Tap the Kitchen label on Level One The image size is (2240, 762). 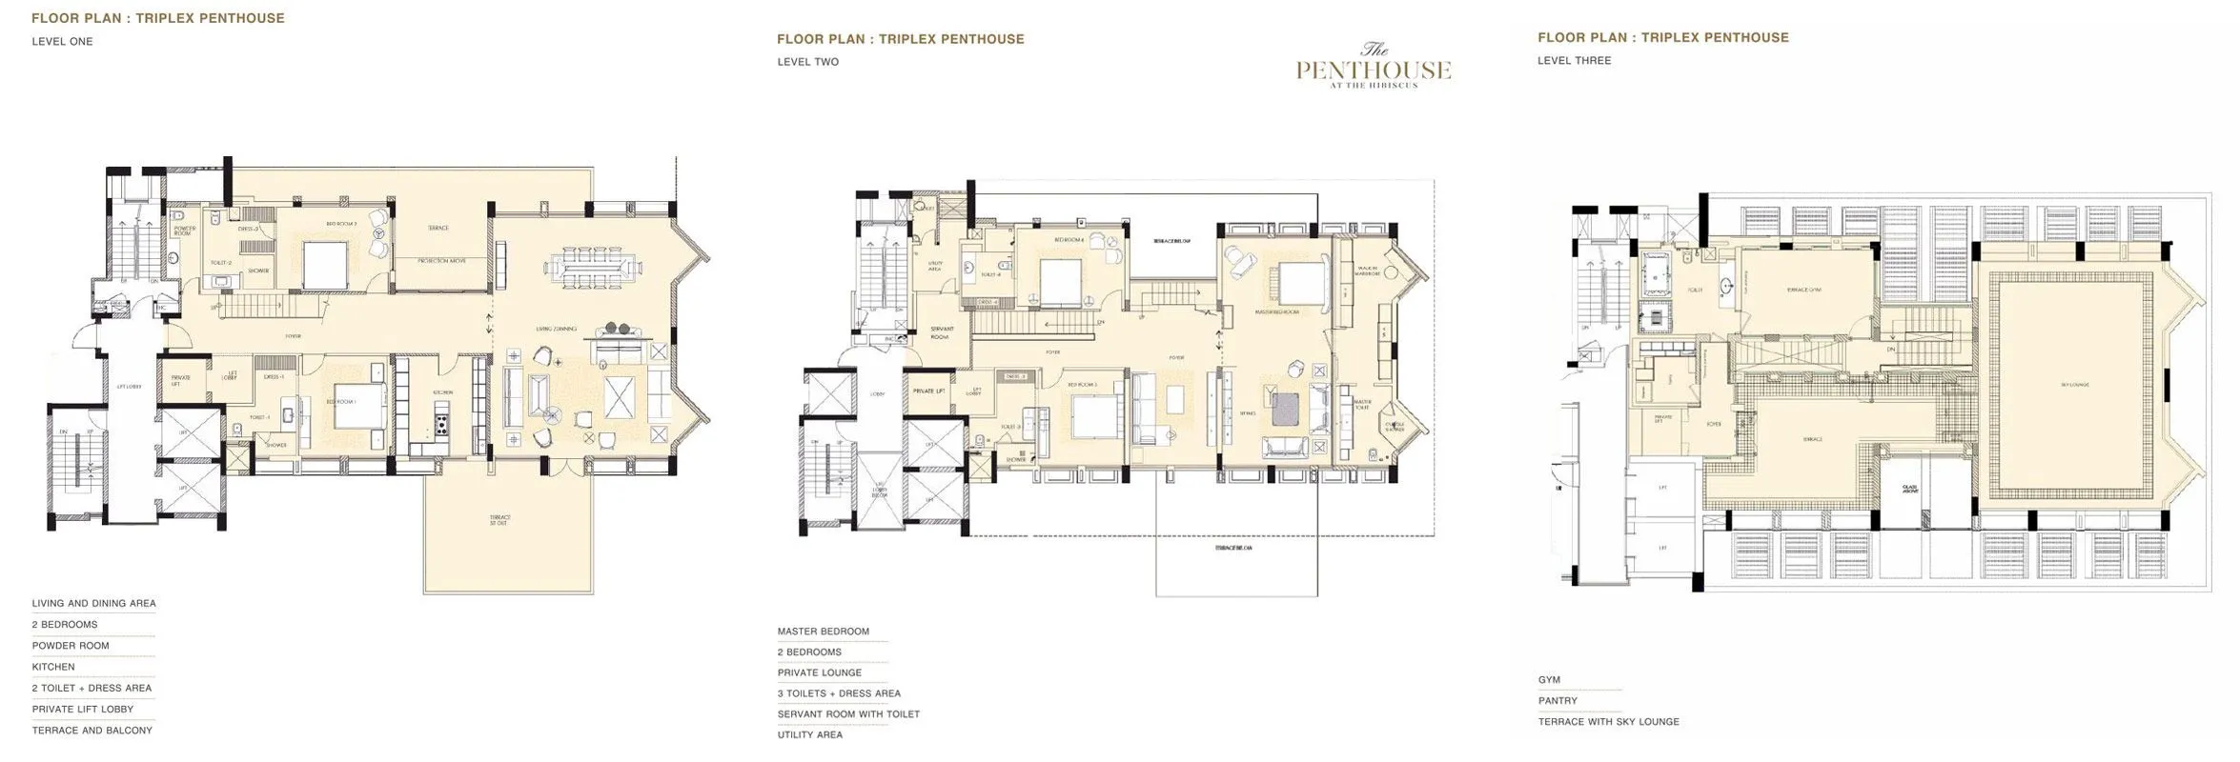(x=443, y=392)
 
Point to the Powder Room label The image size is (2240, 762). (x=184, y=231)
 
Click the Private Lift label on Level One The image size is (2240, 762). (x=180, y=379)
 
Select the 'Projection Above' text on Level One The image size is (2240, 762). (x=440, y=260)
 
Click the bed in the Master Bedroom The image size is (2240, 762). (x=1302, y=282)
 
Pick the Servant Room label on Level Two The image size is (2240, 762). (x=942, y=332)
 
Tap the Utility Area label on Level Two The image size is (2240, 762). (x=935, y=266)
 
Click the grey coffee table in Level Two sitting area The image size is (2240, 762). (x=1283, y=410)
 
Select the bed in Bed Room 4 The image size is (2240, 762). (x=1060, y=281)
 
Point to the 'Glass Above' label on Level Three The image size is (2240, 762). (x=1910, y=489)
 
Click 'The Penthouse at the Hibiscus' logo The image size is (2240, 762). (x=1373, y=66)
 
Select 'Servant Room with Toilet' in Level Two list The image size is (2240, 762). (x=847, y=714)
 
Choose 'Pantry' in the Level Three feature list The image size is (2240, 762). (x=1557, y=701)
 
